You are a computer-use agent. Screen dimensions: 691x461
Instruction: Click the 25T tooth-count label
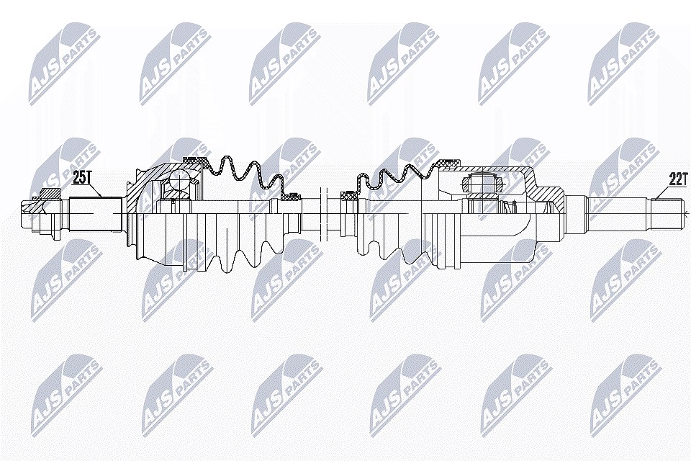coord(81,178)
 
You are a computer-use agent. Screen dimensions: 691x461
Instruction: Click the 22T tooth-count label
coord(678,179)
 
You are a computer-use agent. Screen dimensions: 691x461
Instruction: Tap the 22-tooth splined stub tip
coord(668,215)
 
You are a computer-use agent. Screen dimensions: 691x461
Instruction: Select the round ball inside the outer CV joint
coord(179,179)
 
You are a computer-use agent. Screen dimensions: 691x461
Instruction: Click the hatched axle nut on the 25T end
coord(50,194)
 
